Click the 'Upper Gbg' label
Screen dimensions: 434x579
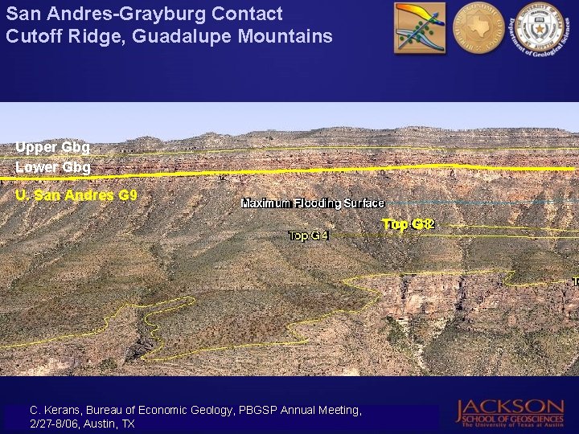(52, 148)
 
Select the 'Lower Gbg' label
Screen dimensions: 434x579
(53, 167)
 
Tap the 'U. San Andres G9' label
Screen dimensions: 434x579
(76, 195)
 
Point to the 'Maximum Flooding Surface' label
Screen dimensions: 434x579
(313, 203)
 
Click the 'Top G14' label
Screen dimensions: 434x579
(309, 235)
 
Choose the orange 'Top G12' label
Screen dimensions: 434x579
(409, 224)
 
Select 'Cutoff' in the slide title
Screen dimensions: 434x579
(31, 36)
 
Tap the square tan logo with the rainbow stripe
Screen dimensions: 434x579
(419, 28)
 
